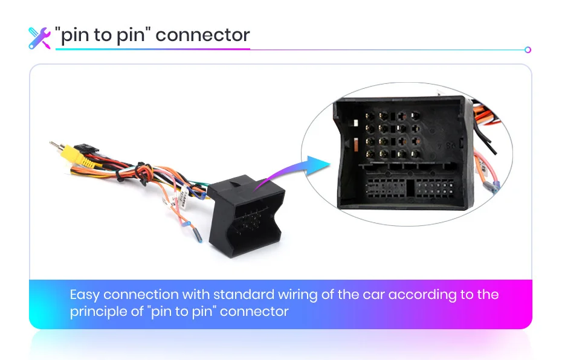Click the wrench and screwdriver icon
click(39, 37)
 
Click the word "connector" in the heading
click(202, 35)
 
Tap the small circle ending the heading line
click(528, 50)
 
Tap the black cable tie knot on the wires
click(140, 165)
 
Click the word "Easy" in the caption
click(85, 295)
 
